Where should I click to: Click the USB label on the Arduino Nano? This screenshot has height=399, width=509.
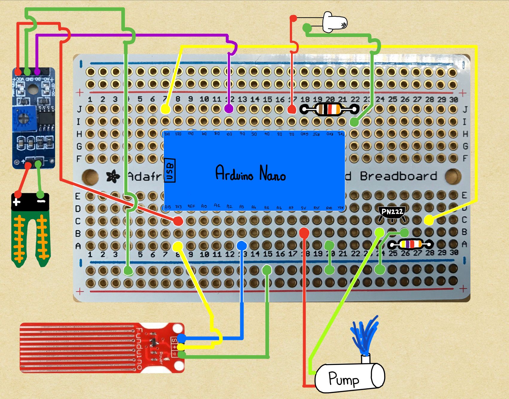click(170, 170)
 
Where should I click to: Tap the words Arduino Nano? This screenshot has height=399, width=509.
click(250, 173)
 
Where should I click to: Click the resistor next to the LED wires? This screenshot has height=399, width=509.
click(329, 109)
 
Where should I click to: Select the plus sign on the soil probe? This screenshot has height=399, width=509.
click(17, 202)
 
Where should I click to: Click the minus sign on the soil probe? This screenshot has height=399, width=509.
click(41, 201)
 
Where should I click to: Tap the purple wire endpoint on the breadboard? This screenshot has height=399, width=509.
click(229, 109)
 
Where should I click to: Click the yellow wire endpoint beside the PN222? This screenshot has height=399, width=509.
click(428, 220)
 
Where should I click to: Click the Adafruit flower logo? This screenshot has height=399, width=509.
click(113, 176)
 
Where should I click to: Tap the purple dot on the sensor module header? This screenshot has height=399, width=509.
click(37, 72)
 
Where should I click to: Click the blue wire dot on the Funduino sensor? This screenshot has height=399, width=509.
click(181, 338)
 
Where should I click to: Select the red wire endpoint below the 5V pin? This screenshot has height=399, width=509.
click(304, 232)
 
